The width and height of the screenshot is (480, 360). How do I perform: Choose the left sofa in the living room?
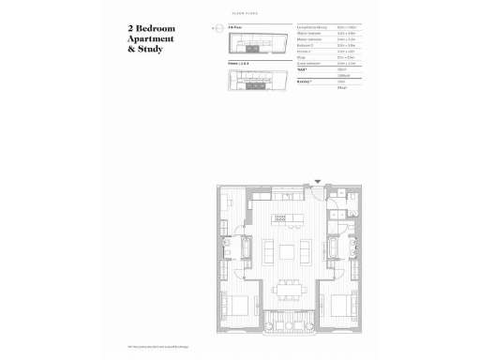tap(267, 251)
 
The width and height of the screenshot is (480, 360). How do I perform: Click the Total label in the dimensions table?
tap(302, 69)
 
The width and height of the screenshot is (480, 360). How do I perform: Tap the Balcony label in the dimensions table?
tap(304, 82)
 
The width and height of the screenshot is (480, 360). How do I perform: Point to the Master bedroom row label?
tap(307, 36)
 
